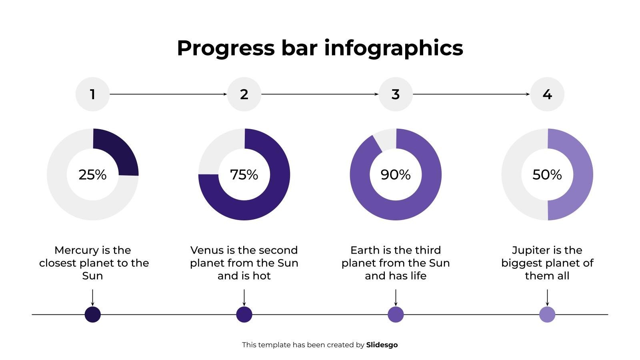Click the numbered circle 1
[x=92, y=94]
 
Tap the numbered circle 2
[x=244, y=94]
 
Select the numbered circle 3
[x=396, y=94]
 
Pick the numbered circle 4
[x=547, y=94]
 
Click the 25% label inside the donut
[x=92, y=175]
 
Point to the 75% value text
[x=244, y=175]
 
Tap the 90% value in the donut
[x=396, y=175]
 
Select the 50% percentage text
[x=547, y=175]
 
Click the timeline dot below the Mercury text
[x=92, y=314]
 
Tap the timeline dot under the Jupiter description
[x=547, y=314]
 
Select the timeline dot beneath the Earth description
[x=396, y=314]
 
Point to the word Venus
[x=207, y=250]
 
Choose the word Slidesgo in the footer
[x=382, y=345]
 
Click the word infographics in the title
[x=394, y=48]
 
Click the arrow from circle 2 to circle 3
[x=320, y=94]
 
